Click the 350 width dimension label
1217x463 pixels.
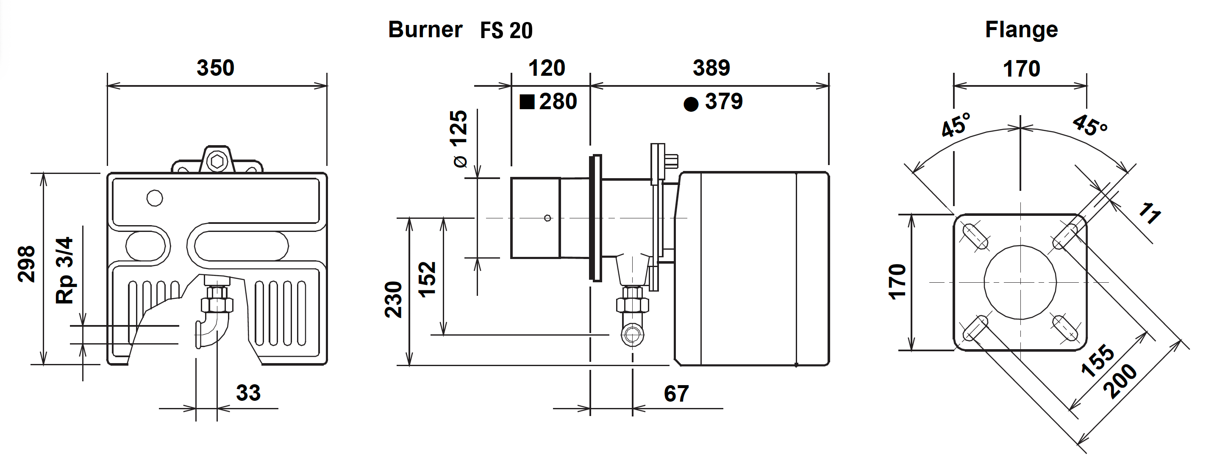coord(215,68)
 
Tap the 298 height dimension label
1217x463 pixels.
coord(26,265)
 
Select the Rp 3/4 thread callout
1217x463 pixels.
coord(65,270)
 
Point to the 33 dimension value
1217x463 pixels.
coord(248,393)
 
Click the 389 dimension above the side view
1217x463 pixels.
coord(711,68)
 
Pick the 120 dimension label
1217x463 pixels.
coord(547,68)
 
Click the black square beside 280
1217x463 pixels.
coord(527,102)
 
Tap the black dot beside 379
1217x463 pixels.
coord(691,104)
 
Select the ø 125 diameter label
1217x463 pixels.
coord(459,139)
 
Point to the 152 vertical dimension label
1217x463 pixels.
coord(427,279)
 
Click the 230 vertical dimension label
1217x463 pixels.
coord(393,300)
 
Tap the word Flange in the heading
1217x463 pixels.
coord(1021,29)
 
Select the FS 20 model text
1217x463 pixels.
coord(506,30)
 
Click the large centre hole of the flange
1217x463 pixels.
coord(1020,282)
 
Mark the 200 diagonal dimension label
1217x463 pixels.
coord(1120,381)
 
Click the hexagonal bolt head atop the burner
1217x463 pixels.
coord(217,161)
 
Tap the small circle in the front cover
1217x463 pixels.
coord(155,198)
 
